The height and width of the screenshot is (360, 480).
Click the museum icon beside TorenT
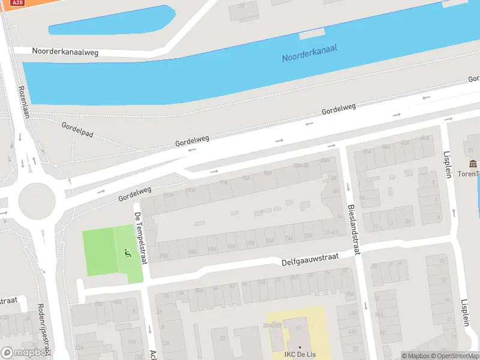click(x=473, y=164)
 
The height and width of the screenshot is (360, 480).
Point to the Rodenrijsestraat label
click(x=44, y=327)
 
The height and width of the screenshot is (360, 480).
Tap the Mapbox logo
click(x=25, y=353)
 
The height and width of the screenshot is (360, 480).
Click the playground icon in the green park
click(x=127, y=254)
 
